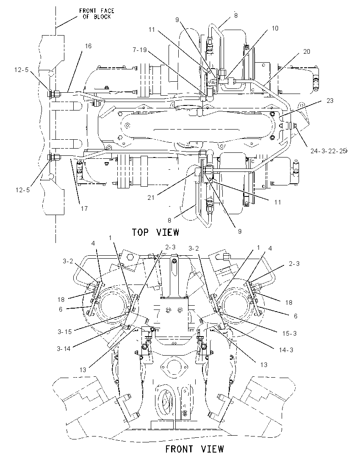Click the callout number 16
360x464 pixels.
88,46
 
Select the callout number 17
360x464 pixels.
84,209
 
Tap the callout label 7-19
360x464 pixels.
139,50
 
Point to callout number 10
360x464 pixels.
275,28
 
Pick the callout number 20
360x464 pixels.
306,52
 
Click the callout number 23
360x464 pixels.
330,101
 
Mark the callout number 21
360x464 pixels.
151,197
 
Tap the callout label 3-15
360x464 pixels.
64,332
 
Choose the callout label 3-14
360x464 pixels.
64,349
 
